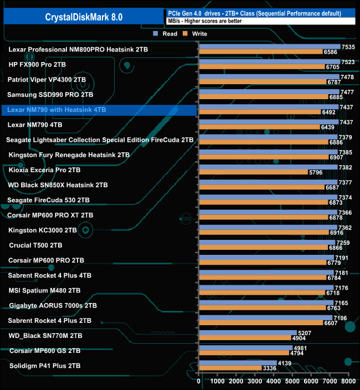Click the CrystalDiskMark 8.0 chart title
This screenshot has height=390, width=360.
(x=84, y=17)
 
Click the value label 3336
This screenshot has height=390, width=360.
(x=269, y=368)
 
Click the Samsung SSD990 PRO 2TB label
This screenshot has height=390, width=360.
(x=50, y=95)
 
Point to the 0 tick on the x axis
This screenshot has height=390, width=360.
(x=199, y=381)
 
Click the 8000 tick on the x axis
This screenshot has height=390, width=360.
(x=348, y=381)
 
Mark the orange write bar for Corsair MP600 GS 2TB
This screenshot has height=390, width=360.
(x=243, y=353)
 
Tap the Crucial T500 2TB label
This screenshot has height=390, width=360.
(x=35, y=245)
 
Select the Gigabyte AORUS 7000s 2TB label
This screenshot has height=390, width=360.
(x=53, y=305)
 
